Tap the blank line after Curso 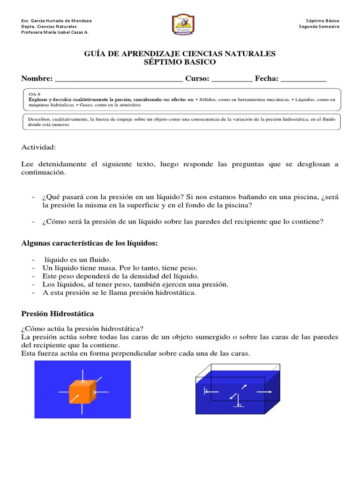click(x=232, y=80)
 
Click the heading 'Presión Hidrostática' click(x=58, y=313)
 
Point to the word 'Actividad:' click(x=38, y=148)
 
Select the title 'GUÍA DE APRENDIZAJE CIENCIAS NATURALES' click(x=180, y=54)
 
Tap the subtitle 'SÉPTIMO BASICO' click(x=180, y=62)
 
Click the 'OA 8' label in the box click(x=35, y=94)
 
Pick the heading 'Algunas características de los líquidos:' click(x=90, y=243)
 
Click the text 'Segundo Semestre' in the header click(x=319, y=27)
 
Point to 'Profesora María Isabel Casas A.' click(x=55, y=32)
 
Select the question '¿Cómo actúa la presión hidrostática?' click(x=82, y=328)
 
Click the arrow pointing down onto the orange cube click(x=82, y=375)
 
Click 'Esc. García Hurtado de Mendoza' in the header click(x=57, y=21)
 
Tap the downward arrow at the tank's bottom click(x=238, y=401)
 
